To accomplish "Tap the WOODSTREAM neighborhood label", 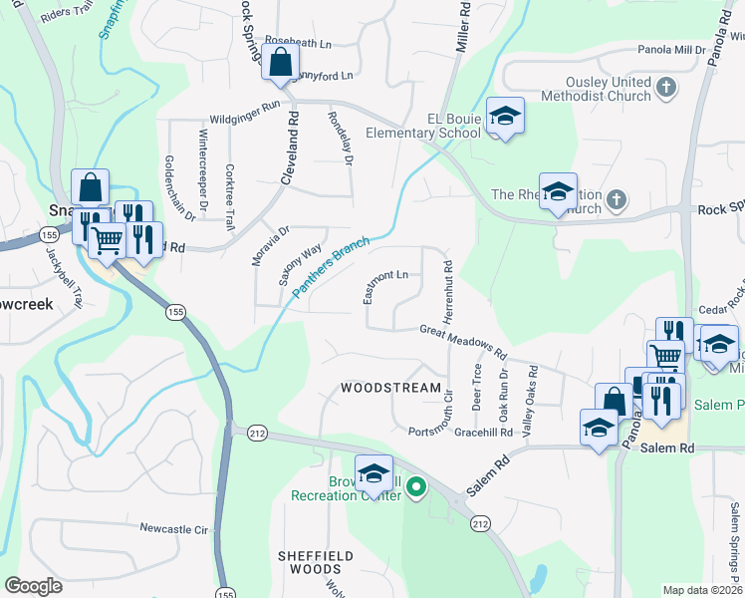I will coord(390,387).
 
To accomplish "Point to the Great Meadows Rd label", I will coord(463,341).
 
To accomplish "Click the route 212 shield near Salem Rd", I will coord(481,522).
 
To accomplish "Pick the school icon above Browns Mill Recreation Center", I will coord(373,473).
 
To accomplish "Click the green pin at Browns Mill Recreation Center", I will coord(417,488).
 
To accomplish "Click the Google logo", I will coord(34,586).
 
